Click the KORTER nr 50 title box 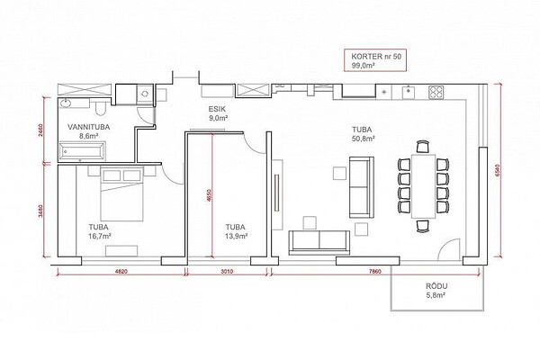375,60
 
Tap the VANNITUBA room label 89,127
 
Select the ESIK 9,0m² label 217,113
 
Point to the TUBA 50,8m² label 363,134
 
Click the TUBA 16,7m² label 100,231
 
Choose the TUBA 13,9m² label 237,231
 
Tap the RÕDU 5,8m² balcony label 436,291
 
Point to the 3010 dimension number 227,272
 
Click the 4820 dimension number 121,272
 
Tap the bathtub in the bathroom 82,151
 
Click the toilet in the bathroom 101,109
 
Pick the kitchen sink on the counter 409,92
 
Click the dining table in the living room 424,186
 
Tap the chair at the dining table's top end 423,147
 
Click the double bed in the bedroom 121,193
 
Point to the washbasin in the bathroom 65,103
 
